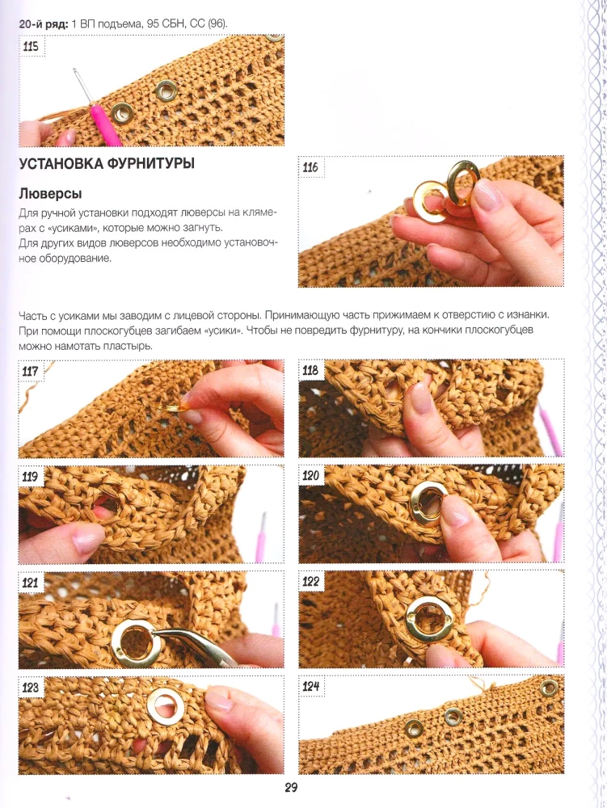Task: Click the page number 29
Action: [291, 787]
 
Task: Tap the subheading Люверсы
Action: [50, 194]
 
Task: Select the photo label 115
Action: [31, 46]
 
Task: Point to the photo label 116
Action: [310, 167]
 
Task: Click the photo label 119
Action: [30, 476]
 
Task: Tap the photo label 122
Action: [310, 582]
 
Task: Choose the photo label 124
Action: [310, 686]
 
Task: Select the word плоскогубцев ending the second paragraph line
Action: [500, 330]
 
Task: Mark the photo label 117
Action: [31, 371]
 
